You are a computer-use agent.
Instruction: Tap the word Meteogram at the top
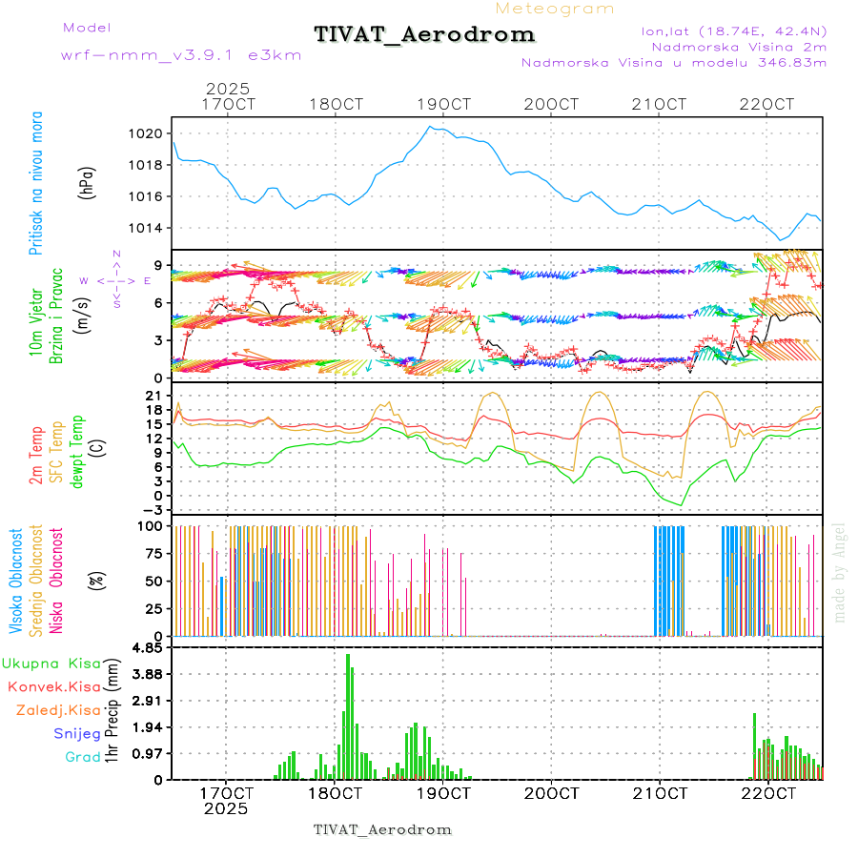pos(555,9)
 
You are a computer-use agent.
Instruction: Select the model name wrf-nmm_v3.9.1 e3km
pos(181,55)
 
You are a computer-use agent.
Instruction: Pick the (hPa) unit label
pos(88,181)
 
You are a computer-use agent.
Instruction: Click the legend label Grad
pos(82,757)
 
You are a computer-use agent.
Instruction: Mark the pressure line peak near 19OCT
pos(430,126)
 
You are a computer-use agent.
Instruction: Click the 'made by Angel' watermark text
pos(840,572)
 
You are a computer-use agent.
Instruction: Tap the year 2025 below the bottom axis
pos(226,808)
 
